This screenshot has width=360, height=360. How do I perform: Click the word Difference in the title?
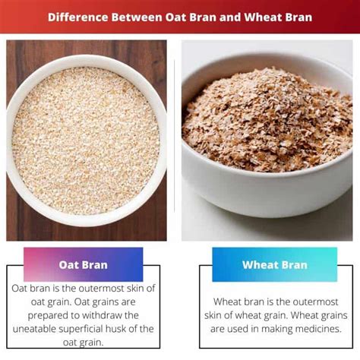[78, 17]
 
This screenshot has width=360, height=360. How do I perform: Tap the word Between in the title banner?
[137, 17]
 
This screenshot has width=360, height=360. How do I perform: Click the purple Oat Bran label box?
[84, 264]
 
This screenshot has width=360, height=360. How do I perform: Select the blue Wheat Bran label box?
[275, 264]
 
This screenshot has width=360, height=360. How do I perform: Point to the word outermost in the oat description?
[102, 289]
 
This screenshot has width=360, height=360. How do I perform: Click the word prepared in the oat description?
[46, 316]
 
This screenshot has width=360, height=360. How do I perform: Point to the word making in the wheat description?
[277, 330]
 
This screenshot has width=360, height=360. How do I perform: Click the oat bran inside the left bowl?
[86, 141]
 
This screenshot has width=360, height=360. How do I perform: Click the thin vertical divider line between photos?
[175, 136]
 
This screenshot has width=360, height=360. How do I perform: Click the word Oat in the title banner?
[175, 17]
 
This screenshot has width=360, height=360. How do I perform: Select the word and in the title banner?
[230, 17]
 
